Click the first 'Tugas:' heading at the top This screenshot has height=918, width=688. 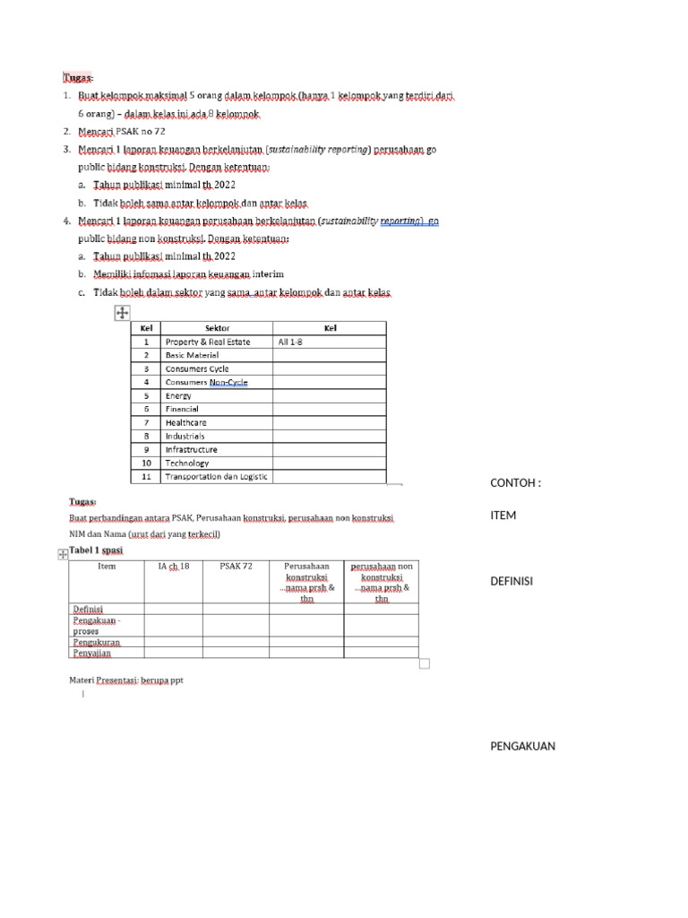(x=78, y=77)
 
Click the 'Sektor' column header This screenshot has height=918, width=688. (x=217, y=328)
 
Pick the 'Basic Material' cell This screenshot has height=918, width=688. (x=192, y=355)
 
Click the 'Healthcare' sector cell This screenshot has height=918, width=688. (x=185, y=422)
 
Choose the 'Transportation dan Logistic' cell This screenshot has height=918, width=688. (x=216, y=477)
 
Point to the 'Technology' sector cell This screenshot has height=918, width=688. (x=186, y=463)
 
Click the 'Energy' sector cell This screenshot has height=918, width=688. (x=178, y=395)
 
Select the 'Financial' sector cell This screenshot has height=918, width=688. (x=182, y=409)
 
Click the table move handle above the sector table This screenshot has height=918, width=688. (x=123, y=312)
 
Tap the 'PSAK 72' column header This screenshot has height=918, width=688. (x=236, y=567)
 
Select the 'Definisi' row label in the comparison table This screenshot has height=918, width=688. (x=88, y=610)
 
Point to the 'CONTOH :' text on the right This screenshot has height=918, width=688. (x=515, y=483)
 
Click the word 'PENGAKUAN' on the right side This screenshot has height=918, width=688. (x=522, y=746)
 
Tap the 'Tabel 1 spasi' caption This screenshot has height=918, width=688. (x=96, y=550)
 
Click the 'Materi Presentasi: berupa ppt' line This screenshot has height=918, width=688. (x=126, y=680)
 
